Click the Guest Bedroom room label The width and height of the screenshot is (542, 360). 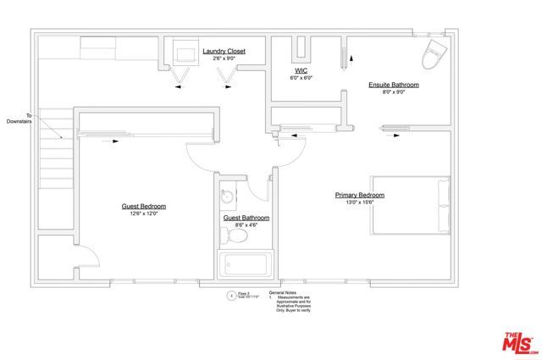(143, 207)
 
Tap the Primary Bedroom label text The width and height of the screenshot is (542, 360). (360, 195)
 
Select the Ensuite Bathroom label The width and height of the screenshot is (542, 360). (393, 86)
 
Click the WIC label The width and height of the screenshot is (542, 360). (301, 70)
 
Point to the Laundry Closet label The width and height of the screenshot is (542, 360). (224, 52)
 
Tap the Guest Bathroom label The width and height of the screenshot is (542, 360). (246, 218)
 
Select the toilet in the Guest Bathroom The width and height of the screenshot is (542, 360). (240, 238)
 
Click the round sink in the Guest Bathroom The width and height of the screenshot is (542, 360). (227, 196)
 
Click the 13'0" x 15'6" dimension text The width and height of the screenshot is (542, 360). (360, 202)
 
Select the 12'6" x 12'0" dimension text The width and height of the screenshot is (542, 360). (143, 214)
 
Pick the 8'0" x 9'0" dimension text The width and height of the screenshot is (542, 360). (393, 92)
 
